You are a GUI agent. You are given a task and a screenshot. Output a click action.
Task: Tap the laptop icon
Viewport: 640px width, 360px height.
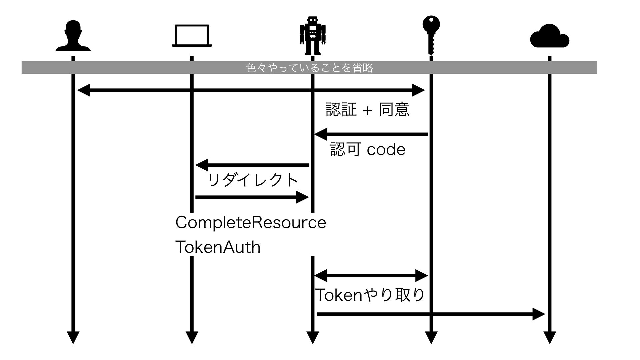[x=192, y=36]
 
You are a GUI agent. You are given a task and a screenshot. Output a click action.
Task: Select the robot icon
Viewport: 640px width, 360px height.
[x=312, y=35]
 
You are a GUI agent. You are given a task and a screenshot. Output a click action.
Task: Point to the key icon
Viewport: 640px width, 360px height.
[x=431, y=35]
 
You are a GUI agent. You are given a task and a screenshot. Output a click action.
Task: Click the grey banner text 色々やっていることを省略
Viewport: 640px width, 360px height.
[x=309, y=68]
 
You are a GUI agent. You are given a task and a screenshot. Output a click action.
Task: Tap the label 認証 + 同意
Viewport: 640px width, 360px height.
[x=367, y=110]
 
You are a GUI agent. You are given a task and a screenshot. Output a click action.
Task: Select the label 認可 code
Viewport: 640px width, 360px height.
[x=368, y=149]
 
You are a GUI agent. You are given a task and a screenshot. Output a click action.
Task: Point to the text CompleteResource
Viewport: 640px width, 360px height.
[x=251, y=223]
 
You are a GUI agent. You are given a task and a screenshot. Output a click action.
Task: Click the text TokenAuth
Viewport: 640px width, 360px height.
[x=218, y=247]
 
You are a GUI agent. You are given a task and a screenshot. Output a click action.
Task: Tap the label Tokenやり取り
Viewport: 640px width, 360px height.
[x=370, y=295]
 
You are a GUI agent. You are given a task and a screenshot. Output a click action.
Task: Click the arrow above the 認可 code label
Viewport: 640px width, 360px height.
[x=371, y=134]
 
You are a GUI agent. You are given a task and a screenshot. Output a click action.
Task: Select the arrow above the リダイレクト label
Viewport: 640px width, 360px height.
[x=252, y=165]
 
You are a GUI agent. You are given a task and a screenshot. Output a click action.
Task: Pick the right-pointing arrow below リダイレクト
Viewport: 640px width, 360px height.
[x=252, y=197]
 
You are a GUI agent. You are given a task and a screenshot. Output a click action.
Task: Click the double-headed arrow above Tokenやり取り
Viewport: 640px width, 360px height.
[x=371, y=276]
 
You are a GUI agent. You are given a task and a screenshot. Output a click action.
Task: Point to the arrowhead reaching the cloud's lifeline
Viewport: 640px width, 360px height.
[x=538, y=314]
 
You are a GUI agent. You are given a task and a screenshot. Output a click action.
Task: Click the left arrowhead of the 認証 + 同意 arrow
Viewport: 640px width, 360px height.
[x=84, y=90]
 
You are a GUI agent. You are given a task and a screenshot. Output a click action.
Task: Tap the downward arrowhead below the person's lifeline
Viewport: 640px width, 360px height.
[x=73, y=337]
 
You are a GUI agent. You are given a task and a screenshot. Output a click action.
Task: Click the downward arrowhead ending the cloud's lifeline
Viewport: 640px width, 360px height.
[x=549, y=337]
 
